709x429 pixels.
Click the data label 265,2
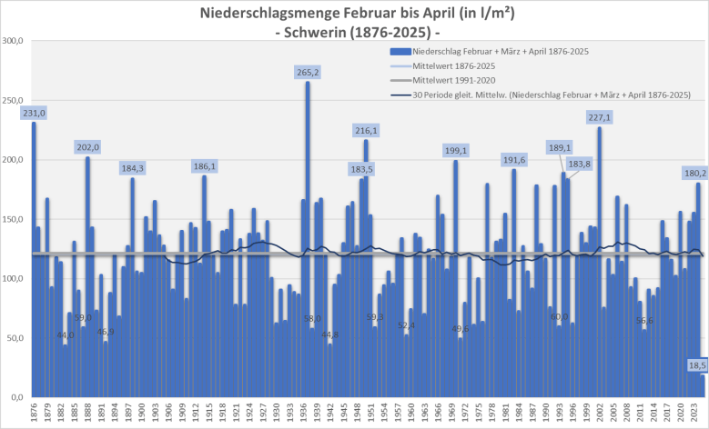tap(308, 72)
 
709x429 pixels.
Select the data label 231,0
tap(34, 112)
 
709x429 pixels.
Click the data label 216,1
tap(366, 130)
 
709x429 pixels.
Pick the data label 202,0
tap(88, 147)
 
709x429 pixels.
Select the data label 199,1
tap(456, 150)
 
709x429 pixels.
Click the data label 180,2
tap(694, 173)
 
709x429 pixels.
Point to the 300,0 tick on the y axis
tap(13, 41)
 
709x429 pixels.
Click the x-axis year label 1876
tap(34, 414)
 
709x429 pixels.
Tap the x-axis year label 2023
tap(694, 414)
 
